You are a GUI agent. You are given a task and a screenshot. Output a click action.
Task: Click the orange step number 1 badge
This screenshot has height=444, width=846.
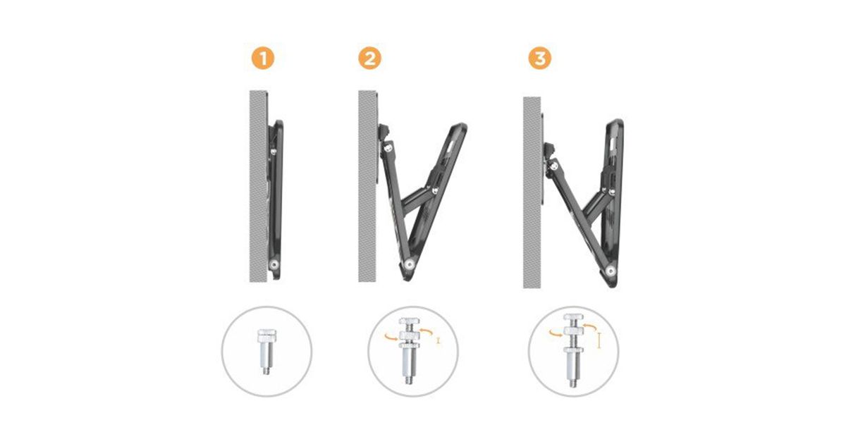263,59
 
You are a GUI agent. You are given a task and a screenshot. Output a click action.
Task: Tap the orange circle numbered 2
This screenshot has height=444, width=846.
369,59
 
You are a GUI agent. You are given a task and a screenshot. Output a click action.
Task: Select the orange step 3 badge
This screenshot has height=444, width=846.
540,58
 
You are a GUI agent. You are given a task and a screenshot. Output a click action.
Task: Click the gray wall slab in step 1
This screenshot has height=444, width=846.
258,186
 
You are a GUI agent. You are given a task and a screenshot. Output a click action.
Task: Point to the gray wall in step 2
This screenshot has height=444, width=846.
367,186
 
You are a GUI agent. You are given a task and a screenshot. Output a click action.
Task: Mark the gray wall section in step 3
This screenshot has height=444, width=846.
532,192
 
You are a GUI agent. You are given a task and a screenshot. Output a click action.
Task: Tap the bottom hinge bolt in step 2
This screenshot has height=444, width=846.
408,265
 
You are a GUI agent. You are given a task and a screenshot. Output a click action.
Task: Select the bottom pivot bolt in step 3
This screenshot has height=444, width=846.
611,271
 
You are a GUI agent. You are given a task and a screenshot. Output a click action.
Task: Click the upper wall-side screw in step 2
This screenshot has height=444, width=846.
387,148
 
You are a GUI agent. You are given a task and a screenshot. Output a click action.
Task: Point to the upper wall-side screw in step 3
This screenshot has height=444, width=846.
553,165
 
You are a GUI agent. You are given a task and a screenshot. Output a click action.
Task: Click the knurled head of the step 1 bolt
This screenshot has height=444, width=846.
266,333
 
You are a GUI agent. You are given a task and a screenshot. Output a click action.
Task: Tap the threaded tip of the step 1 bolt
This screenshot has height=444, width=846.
266,371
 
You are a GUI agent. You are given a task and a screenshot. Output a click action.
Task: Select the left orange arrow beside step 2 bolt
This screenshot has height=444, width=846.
391,336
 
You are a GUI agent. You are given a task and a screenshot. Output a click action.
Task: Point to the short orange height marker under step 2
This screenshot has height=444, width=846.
438,340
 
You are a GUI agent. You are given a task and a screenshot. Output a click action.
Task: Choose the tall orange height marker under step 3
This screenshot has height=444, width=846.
599,340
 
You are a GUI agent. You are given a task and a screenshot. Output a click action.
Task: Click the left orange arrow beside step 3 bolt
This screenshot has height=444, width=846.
556,333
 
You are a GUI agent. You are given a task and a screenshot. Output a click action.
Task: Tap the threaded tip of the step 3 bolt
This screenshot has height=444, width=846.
573,383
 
